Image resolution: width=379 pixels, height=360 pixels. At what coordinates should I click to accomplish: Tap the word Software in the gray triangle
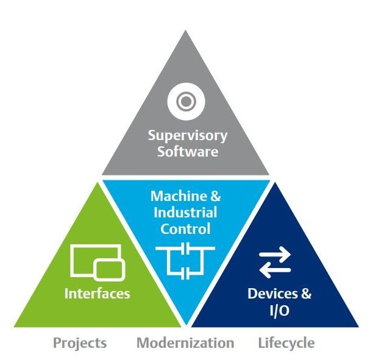click(x=188, y=150)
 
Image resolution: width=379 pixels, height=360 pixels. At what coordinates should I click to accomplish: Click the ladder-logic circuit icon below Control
click(x=185, y=259)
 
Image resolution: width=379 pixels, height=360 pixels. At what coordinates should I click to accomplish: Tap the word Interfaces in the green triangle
click(x=97, y=293)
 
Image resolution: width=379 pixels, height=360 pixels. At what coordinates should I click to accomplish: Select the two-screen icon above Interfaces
click(x=97, y=261)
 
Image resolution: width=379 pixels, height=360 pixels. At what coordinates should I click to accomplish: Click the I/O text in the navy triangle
click(x=280, y=309)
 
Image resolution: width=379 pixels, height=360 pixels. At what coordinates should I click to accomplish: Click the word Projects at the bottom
click(x=80, y=343)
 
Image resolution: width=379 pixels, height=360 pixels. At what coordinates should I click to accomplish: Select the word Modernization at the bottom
click(x=185, y=343)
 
